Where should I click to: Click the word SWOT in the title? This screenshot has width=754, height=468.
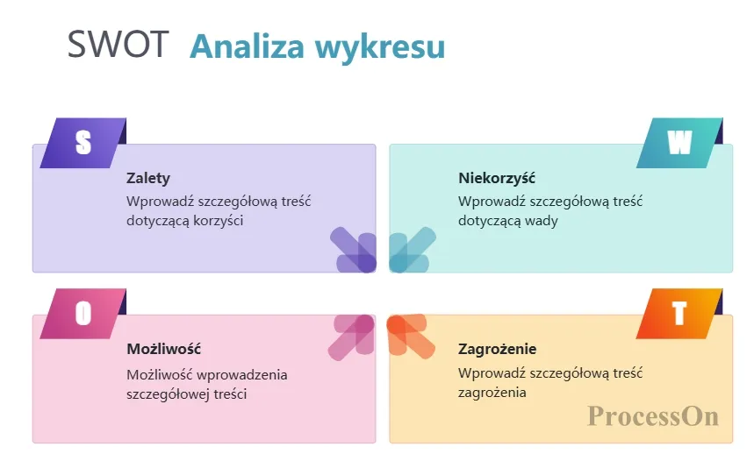pyautogui.click(x=118, y=44)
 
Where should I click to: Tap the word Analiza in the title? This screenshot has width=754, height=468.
pyautogui.click(x=248, y=46)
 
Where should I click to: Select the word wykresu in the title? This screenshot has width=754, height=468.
pyautogui.click(x=380, y=47)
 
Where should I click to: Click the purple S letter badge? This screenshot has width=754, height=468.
pyautogui.click(x=83, y=143)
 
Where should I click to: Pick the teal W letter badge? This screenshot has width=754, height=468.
pyautogui.click(x=679, y=143)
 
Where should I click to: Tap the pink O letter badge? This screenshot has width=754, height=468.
pyautogui.click(x=83, y=314)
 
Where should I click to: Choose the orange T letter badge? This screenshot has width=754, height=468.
pyautogui.click(x=679, y=314)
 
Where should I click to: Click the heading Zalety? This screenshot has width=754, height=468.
pyautogui.click(x=148, y=179)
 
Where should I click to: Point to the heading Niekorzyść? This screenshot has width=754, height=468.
pyautogui.click(x=497, y=178)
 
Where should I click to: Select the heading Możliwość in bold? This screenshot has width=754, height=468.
pyautogui.click(x=164, y=349)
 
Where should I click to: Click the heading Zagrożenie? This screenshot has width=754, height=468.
pyautogui.click(x=497, y=349)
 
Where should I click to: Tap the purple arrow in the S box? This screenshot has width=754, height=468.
pyautogui.click(x=354, y=250)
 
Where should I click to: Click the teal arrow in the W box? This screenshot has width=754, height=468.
pyautogui.click(x=413, y=250)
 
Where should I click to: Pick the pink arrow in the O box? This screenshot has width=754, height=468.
pyautogui.click(x=351, y=337)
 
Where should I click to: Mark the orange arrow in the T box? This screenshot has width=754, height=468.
pyautogui.click(x=411, y=336)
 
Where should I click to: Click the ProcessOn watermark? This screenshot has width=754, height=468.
pyautogui.click(x=653, y=416)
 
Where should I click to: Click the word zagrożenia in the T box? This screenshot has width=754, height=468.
pyautogui.click(x=492, y=394)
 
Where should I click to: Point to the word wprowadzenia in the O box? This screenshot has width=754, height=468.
pyautogui.click(x=242, y=375)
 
